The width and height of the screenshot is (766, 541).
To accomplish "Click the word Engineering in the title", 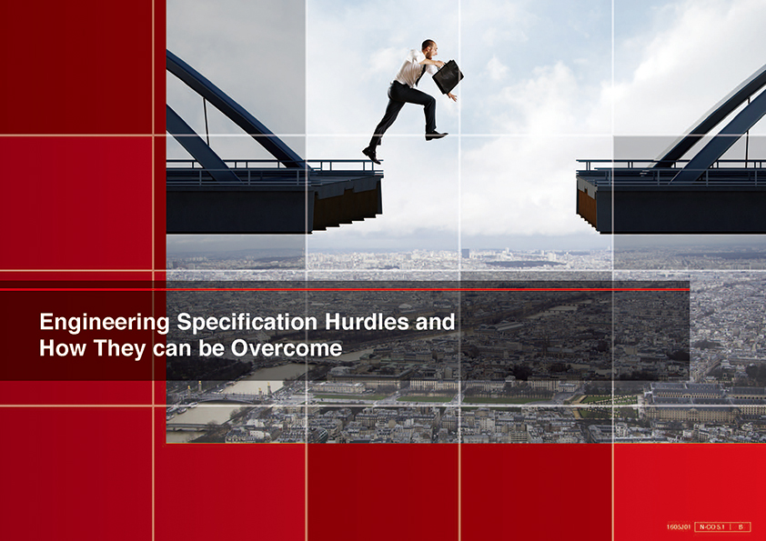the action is tap(105, 323).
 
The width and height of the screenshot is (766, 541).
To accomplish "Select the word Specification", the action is tap(247, 323).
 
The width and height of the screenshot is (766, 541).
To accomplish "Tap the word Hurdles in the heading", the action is tap(367, 322).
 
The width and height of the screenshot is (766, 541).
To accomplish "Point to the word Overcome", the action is tap(287, 348).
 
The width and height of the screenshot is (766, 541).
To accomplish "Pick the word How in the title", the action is tap(62, 348).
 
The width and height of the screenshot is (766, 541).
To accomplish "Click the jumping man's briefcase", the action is tap(448, 76).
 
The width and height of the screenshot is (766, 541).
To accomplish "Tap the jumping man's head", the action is tap(428, 46).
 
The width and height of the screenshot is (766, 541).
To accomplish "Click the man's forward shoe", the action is tap(436, 135).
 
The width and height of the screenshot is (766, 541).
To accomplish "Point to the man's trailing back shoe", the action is tap(372, 155).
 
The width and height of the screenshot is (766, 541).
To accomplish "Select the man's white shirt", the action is tap(411, 68).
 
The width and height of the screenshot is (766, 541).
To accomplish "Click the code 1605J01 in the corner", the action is tap(679, 526).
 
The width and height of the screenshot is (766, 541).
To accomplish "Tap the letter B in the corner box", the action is tap(741, 526).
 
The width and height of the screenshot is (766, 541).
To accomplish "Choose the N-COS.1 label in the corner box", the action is tap(711, 526).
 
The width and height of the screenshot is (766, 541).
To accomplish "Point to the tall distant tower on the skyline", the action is tap(465, 254).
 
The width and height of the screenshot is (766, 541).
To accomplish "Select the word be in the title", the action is tap(211, 348).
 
